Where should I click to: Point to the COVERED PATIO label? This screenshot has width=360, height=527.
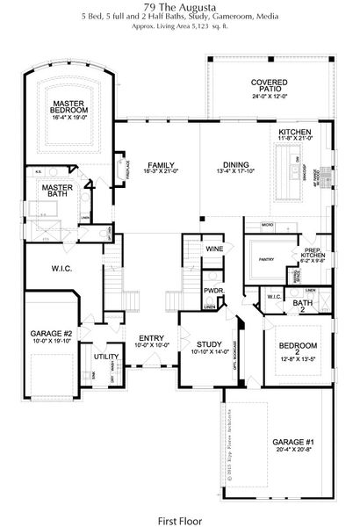point(270,87)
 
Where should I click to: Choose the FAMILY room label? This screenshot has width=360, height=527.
point(160,164)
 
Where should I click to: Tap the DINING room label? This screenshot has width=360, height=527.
point(234,164)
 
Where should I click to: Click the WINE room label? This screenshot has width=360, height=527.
point(214,249)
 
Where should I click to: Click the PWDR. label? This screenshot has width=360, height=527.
point(211,290)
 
